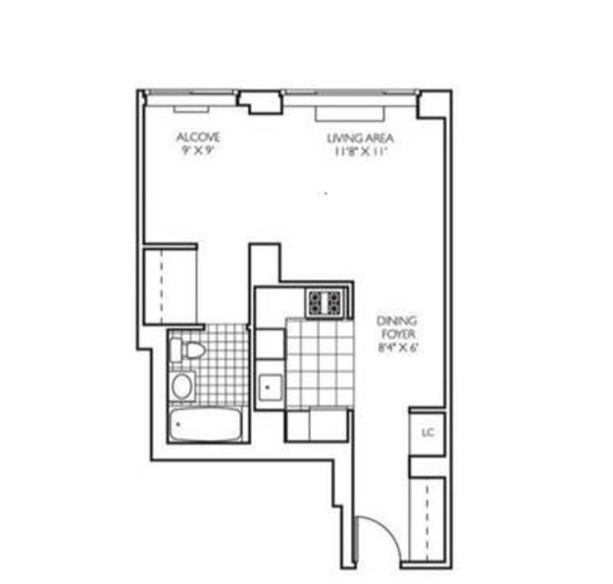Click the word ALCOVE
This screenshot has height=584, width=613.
click(x=198, y=137)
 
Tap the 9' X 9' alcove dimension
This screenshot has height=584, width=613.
click(x=198, y=150)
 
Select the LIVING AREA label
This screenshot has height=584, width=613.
click(x=360, y=138)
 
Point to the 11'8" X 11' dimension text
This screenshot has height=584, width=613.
click(x=360, y=151)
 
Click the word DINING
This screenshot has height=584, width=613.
click(x=396, y=321)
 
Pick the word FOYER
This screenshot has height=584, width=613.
click(x=398, y=334)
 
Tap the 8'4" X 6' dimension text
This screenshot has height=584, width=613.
click(x=398, y=347)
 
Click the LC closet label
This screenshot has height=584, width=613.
click(x=428, y=432)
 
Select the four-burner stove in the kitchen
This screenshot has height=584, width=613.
click(x=325, y=303)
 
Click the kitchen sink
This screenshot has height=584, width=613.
click(x=270, y=386)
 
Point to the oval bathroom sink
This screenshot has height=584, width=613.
click(x=182, y=386)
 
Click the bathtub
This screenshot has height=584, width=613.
click(x=205, y=425)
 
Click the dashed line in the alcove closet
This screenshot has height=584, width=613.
click(x=162, y=286)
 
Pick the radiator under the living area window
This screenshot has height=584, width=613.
click(x=350, y=113)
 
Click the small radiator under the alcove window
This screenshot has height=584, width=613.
click(x=191, y=109)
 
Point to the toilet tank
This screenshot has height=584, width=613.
click(x=176, y=350)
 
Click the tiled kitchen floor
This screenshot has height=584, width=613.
click(x=320, y=363)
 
